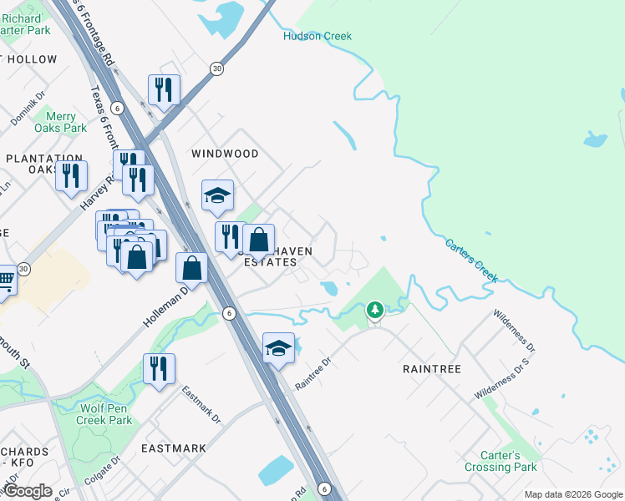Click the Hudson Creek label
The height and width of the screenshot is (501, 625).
(x=318, y=36)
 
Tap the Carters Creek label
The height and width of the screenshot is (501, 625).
(x=471, y=261)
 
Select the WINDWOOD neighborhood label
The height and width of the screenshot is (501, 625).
(x=225, y=154)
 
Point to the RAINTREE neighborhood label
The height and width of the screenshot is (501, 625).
(x=432, y=367)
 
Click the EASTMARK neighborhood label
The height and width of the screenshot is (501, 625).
(x=174, y=448)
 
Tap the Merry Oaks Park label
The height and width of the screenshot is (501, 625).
(x=61, y=123)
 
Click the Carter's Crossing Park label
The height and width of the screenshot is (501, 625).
(x=501, y=462)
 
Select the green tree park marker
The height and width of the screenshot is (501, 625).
(x=375, y=311)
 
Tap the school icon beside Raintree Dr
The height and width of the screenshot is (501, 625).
(x=279, y=348)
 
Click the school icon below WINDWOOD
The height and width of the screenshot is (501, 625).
(x=217, y=195)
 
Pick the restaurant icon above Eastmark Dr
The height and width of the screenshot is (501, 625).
(x=159, y=368)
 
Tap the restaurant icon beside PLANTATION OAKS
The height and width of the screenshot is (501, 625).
(x=71, y=175)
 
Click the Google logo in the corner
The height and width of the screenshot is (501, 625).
(x=28, y=490)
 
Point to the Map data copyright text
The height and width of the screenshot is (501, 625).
(x=572, y=494)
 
